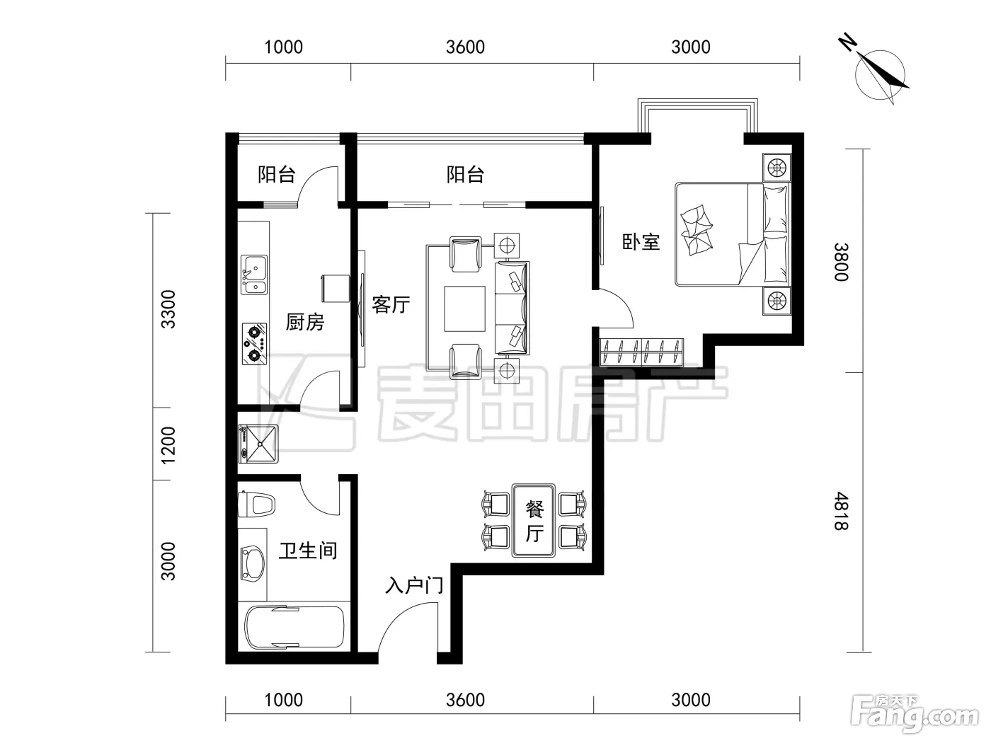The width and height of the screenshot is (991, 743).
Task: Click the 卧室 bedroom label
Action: tap(641, 242)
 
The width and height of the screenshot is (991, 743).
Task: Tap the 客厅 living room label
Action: tap(391, 304)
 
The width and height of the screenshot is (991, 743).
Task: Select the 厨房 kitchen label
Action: tap(305, 322)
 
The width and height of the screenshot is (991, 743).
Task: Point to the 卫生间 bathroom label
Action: tap(308, 551)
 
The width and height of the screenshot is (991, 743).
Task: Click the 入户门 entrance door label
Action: tap(414, 586)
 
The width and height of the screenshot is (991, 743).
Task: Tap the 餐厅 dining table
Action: tap(534, 521)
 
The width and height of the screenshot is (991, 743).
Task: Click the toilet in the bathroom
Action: tap(256, 504)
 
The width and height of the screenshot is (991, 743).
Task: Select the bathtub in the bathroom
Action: tap(294, 628)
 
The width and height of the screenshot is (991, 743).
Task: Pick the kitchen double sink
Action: tap(253, 275)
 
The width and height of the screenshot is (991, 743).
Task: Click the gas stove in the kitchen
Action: tap(254, 343)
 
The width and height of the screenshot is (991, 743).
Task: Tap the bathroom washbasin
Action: tap(252, 563)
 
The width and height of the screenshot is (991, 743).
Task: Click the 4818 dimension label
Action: tap(841, 511)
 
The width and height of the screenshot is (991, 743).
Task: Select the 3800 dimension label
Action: tap(841, 262)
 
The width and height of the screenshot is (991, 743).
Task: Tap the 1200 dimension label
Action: tap(168, 445)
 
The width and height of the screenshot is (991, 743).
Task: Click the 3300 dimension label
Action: tap(168, 309)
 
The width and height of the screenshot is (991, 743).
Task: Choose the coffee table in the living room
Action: tap(464, 309)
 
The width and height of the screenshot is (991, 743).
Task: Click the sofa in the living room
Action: tap(512, 308)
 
